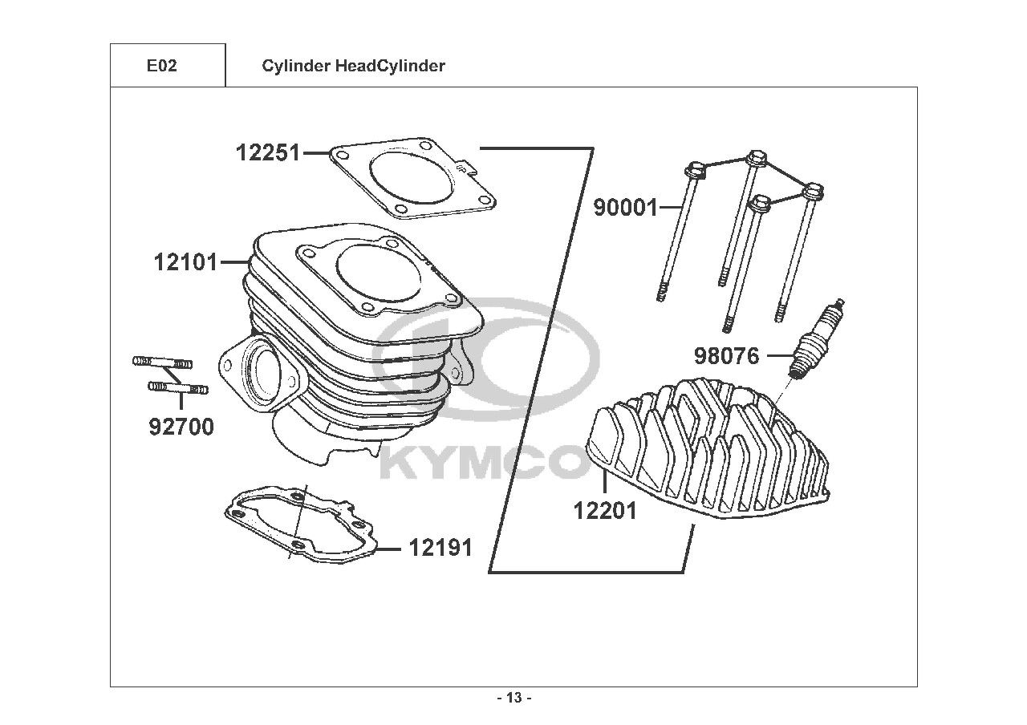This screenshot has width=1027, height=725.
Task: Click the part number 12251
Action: click(x=267, y=152)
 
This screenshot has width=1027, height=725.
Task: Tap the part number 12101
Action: click(x=185, y=261)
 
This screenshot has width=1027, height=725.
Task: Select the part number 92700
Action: click(x=181, y=427)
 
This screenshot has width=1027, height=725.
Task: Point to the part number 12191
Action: click(x=440, y=548)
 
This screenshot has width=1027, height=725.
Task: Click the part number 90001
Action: click(x=625, y=208)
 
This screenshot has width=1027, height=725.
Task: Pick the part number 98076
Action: click(x=726, y=355)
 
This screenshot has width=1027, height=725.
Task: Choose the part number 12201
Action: click(x=605, y=510)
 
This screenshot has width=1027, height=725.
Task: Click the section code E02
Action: click(x=161, y=66)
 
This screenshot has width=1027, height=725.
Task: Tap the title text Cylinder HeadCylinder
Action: click(x=353, y=66)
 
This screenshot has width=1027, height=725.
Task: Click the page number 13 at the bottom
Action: click(x=513, y=698)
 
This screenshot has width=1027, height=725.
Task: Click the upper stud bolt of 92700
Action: click(x=161, y=362)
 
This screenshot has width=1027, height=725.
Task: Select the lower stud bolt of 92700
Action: click(x=177, y=388)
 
